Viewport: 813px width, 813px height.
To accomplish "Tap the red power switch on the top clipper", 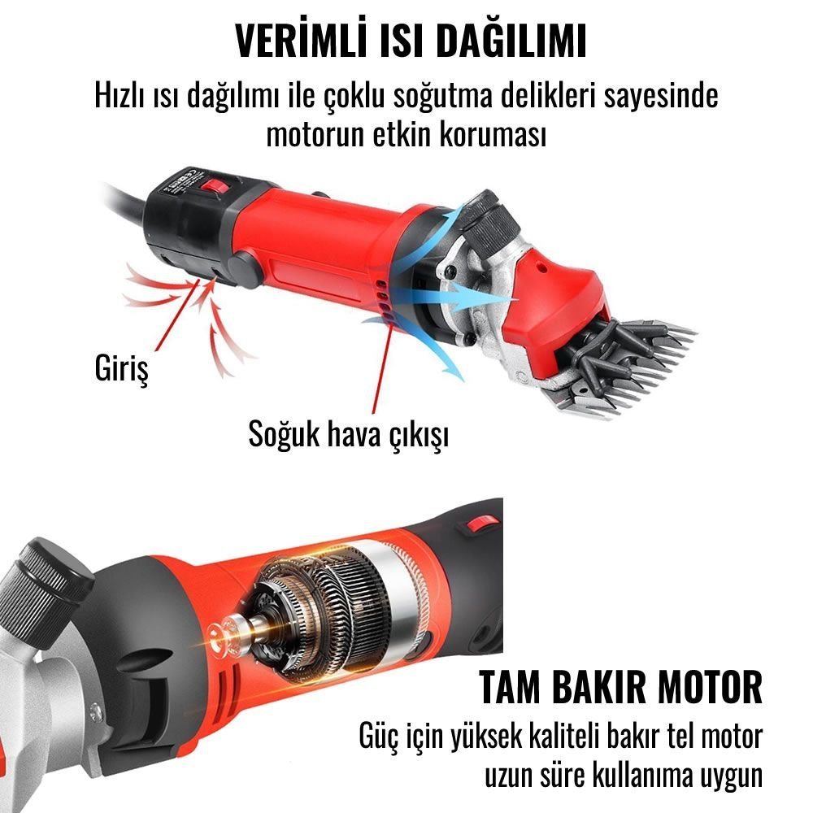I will (x=215, y=186).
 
